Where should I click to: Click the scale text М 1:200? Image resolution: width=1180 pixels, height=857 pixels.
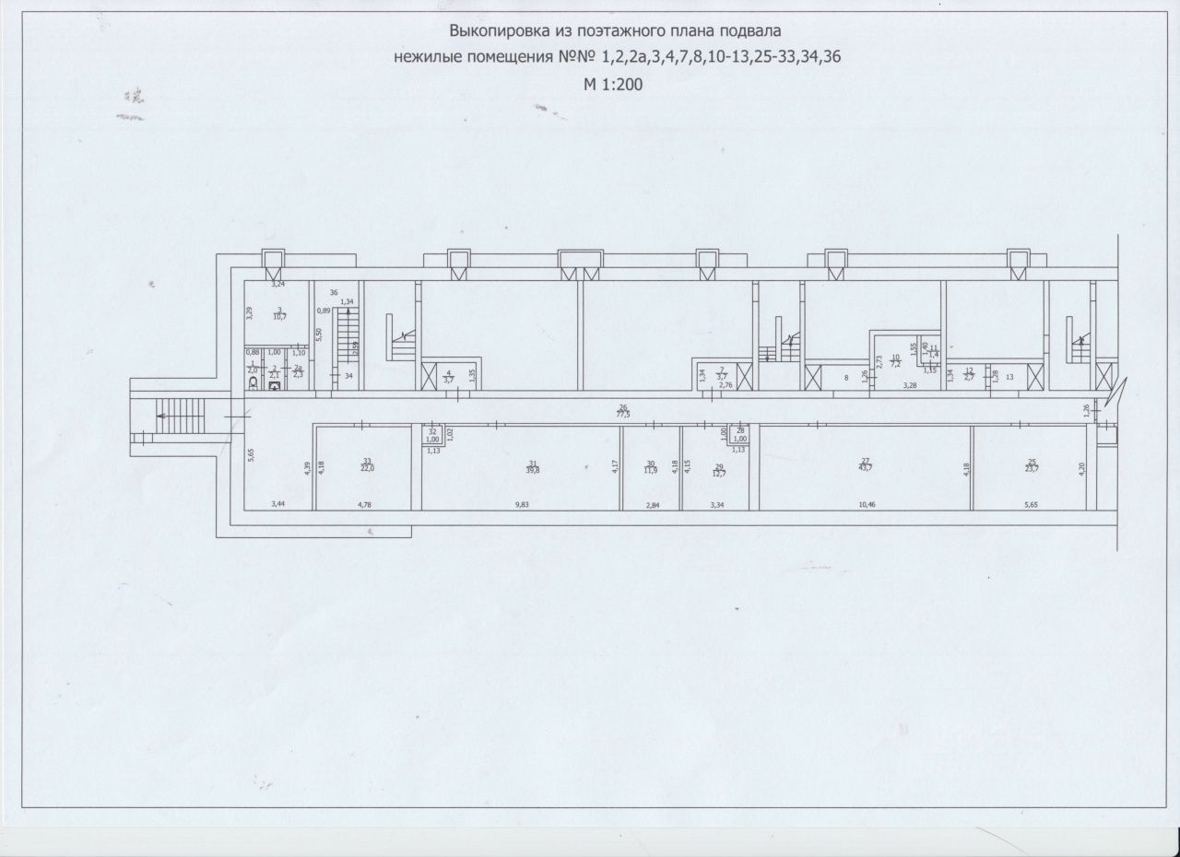[x=612, y=84]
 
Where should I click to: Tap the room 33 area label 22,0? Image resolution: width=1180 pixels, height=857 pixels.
[x=367, y=466]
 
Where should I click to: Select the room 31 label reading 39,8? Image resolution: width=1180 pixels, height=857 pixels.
[x=532, y=466]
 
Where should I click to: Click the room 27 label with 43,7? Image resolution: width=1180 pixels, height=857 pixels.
[x=865, y=466]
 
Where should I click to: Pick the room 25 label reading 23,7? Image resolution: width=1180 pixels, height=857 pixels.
[x=1031, y=466]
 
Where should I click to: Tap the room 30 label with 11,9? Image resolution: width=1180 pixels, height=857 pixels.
[x=651, y=468]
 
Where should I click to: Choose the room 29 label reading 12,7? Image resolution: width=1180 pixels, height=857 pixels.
[x=720, y=471]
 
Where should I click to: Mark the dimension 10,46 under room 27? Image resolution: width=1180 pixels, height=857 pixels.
[x=867, y=504]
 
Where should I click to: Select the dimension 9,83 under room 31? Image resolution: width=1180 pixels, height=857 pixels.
[x=522, y=504]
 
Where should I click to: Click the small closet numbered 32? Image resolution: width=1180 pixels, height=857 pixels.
[x=432, y=436]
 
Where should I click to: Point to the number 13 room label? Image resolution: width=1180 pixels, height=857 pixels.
[x=1009, y=376]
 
